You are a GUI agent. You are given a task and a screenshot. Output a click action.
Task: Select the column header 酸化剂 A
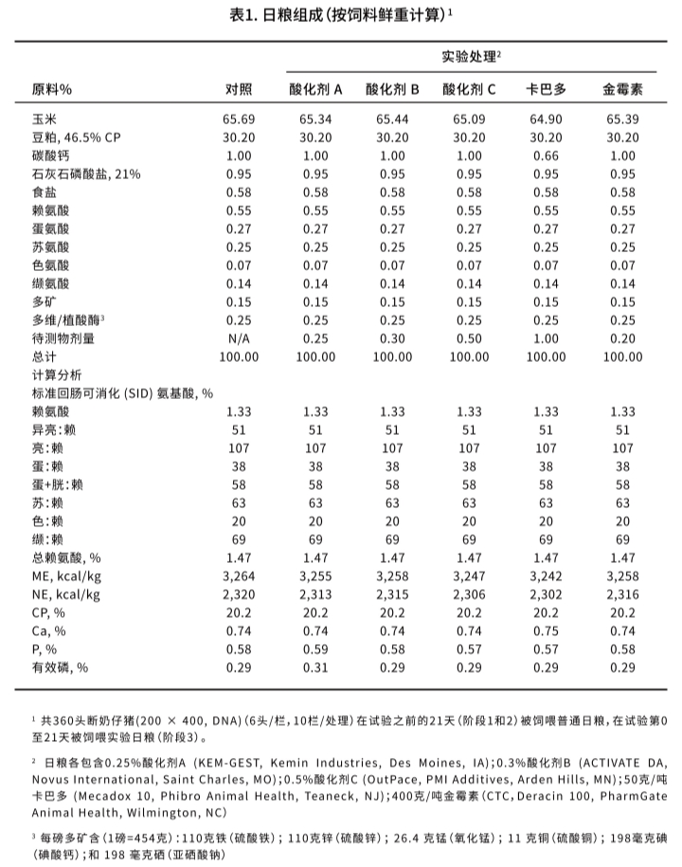pyautogui.click(x=315, y=90)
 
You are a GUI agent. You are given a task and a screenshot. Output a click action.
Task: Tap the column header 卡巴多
pyautogui.click(x=547, y=90)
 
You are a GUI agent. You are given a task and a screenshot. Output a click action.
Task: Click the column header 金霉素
pyautogui.click(x=622, y=90)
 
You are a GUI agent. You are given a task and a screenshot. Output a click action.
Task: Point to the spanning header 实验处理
pyautogui.click(x=471, y=57)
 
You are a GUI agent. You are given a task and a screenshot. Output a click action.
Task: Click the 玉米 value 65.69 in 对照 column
pyautogui.click(x=239, y=119)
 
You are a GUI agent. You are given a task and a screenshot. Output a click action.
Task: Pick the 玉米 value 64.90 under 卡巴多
pyautogui.click(x=547, y=119)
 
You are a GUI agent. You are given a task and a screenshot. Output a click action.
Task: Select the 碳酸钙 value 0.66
pyautogui.click(x=547, y=155)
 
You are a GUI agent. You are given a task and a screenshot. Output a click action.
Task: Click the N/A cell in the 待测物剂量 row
pyautogui.click(x=239, y=338)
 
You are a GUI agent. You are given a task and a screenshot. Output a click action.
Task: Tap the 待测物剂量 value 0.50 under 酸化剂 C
pyautogui.click(x=469, y=338)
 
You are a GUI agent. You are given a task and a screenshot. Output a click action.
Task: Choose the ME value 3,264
pyautogui.click(x=239, y=576)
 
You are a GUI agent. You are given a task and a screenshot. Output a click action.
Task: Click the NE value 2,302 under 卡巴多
pyautogui.click(x=547, y=594)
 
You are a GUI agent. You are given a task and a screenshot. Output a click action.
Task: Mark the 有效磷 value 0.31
pyautogui.click(x=315, y=667)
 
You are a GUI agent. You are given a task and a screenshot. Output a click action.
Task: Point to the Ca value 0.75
pyautogui.click(x=547, y=631)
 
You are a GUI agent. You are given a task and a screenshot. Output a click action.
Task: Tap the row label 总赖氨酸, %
pyautogui.click(x=66, y=558)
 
